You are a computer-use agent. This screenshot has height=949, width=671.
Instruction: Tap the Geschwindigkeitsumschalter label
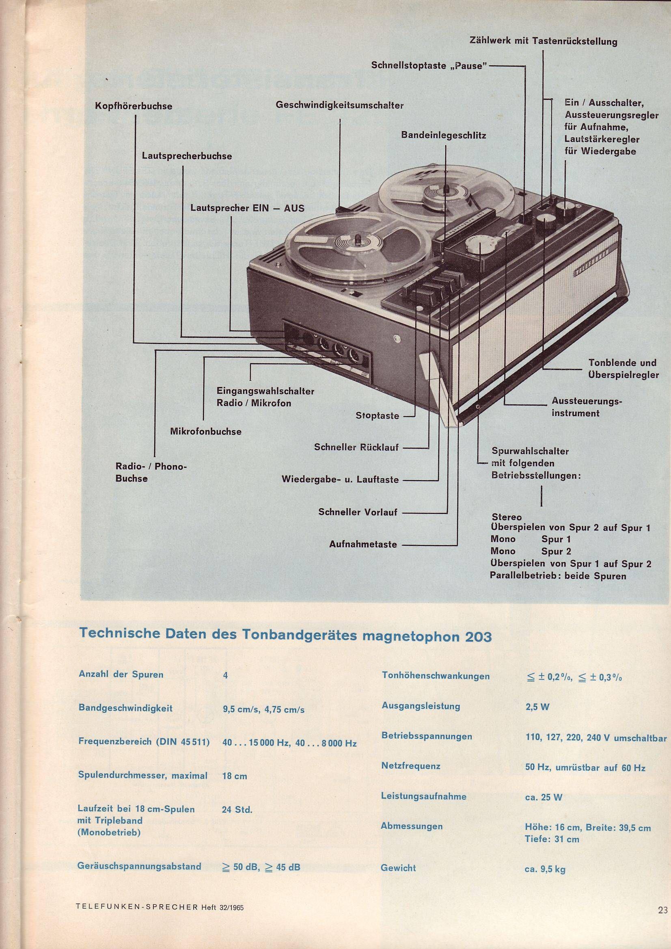(339, 106)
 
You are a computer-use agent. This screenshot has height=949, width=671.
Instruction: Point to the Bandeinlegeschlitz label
(444, 135)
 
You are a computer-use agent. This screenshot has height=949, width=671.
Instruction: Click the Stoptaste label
(378, 415)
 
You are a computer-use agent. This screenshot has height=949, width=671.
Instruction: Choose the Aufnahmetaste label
(363, 544)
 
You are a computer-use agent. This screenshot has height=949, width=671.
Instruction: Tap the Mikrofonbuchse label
(206, 431)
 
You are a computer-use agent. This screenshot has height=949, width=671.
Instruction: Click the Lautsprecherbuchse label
(186, 156)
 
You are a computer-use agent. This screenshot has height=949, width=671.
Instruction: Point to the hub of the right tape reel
(447, 191)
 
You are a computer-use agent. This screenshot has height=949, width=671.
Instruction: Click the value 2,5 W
(537, 707)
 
